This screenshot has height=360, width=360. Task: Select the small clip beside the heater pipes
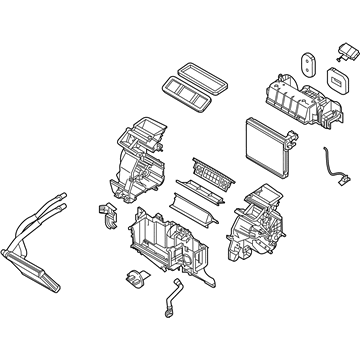(x=103, y=213)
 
